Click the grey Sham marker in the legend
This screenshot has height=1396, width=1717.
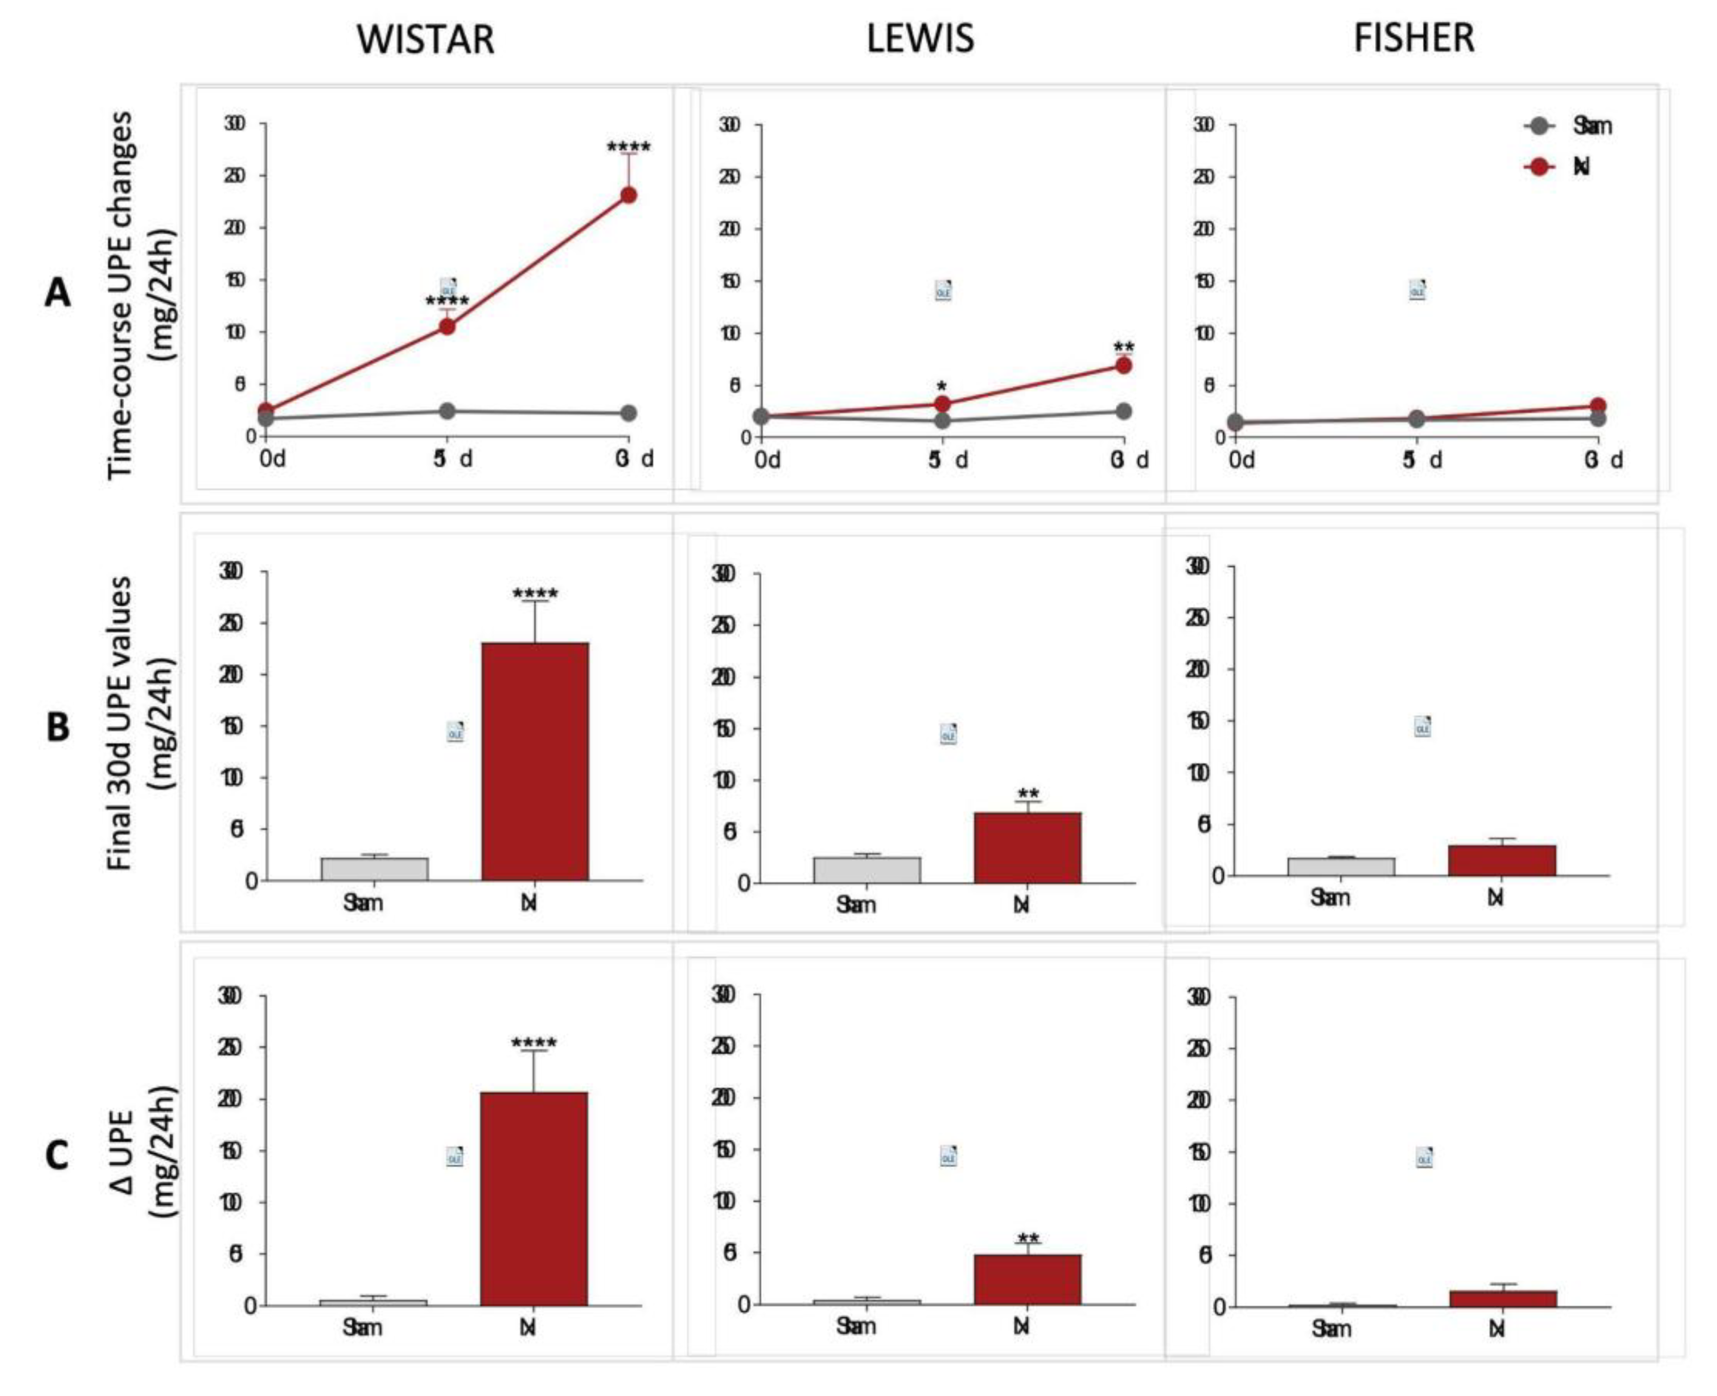click(1539, 126)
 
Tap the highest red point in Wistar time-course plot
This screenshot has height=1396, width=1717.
click(628, 194)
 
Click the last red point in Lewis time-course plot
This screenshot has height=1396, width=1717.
click(1123, 365)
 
